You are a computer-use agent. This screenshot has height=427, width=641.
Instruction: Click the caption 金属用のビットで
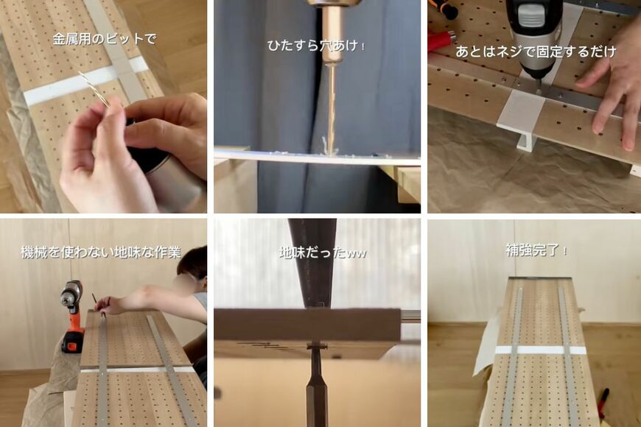[104, 39]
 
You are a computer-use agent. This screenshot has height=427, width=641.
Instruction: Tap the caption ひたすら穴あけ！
[317, 46]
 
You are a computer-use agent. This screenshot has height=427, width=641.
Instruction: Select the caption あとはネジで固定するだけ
[536, 52]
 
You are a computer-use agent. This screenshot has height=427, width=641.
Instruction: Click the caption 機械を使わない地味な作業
[101, 253]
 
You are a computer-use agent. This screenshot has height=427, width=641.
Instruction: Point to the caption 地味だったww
[322, 253]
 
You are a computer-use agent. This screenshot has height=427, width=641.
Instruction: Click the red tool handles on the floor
[603, 403]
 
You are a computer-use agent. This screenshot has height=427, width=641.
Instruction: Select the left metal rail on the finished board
[511, 353]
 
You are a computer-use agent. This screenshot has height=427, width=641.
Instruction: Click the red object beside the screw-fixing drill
[441, 40]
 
